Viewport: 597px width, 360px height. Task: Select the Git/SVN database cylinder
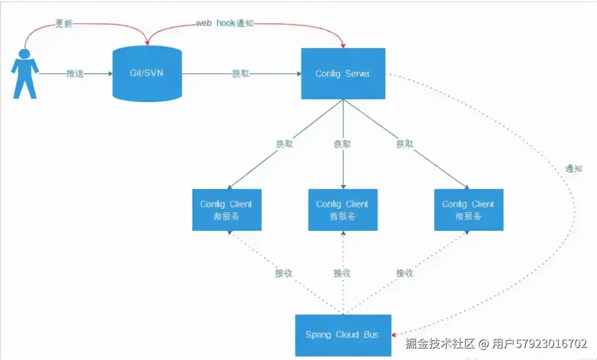pos(146,73)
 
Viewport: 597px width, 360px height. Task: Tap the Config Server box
pos(343,74)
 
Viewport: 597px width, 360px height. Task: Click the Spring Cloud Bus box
pos(343,335)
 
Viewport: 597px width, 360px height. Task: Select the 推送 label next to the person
pos(75,74)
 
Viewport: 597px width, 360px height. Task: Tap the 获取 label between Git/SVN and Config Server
pos(241,74)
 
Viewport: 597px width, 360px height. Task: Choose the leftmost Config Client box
pos(227,210)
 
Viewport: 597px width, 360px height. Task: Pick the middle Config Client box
pos(343,210)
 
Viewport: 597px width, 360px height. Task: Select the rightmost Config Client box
pos(468,210)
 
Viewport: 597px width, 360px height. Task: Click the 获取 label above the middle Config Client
pos(342,144)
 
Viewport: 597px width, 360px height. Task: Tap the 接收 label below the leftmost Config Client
pos(284,273)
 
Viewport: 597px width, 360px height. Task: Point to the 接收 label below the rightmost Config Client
pos(404,272)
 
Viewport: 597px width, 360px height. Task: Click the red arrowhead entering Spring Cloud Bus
pos(395,334)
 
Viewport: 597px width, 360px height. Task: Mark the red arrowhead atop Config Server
pos(344,45)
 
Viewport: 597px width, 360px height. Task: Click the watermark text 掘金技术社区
pos(440,344)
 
